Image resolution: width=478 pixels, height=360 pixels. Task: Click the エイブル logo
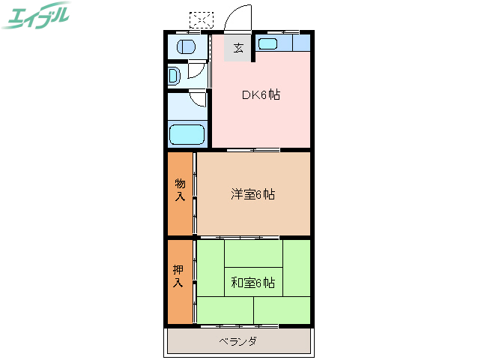(x=37, y=15)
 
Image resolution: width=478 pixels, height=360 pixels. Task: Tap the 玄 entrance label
(x=238, y=49)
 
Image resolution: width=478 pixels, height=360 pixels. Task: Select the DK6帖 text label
(x=260, y=95)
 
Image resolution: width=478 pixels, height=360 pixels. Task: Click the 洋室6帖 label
(x=252, y=194)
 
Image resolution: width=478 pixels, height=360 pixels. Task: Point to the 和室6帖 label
(x=252, y=283)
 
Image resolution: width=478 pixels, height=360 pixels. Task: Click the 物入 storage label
(x=180, y=190)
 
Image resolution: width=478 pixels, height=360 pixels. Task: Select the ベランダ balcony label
(x=238, y=342)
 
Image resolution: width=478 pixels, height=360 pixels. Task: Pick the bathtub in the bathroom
(x=187, y=135)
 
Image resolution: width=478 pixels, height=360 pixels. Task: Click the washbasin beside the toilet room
(x=174, y=76)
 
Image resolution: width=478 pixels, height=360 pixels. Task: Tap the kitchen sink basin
(x=268, y=43)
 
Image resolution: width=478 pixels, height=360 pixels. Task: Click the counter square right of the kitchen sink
(x=301, y=43)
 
